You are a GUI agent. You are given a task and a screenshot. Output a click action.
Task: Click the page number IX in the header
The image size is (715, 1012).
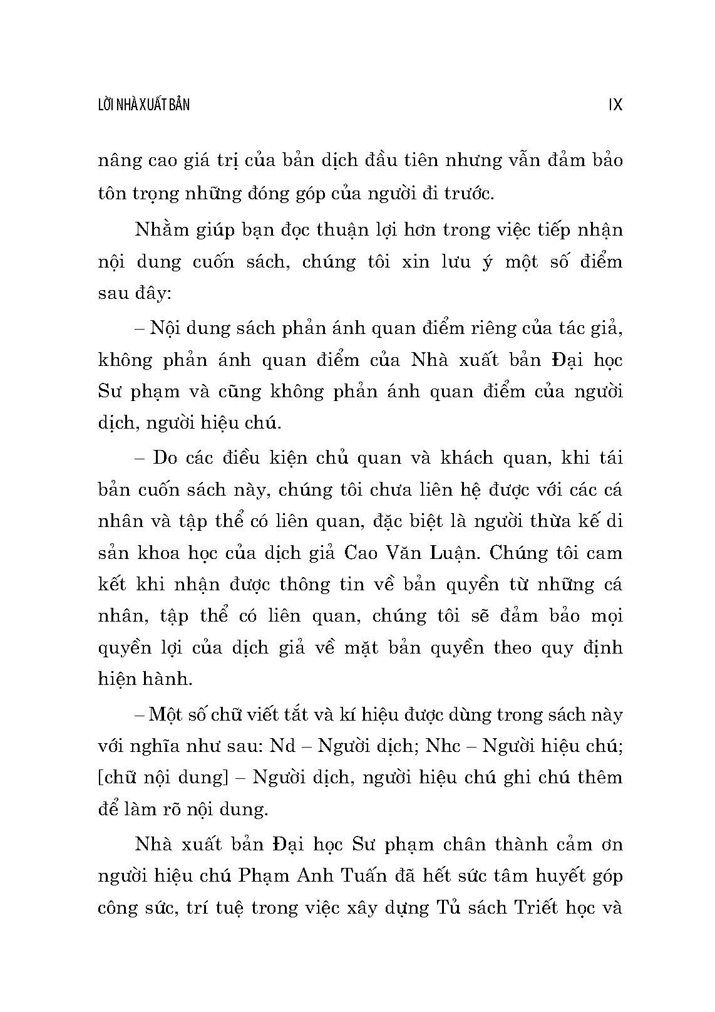[615, 105]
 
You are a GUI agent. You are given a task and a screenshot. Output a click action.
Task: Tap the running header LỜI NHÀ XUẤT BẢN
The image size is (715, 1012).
[144, 105]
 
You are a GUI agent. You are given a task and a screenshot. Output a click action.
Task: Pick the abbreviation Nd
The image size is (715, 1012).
[283, 746]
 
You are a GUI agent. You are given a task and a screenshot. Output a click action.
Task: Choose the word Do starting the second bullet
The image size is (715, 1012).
[165, 457]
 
